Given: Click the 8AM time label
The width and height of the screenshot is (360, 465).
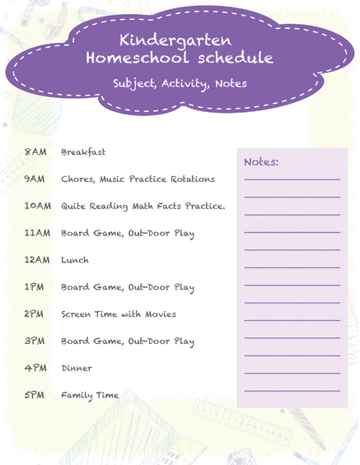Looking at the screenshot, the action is [35, 152].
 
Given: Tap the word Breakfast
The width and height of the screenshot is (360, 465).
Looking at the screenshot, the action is [83, 152].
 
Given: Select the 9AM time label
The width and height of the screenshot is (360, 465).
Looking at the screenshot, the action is [35, 179].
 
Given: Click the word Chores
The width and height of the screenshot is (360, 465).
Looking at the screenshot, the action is [77, 179].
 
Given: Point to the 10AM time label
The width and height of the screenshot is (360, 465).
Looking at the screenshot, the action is [38, 206].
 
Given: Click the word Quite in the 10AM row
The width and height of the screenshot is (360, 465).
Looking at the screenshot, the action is [75, 206].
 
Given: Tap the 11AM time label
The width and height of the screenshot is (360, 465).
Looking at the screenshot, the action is [38, 233].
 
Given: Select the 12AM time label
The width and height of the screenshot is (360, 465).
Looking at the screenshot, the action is [38, 260].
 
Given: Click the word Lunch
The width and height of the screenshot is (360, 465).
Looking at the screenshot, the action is [75, 260].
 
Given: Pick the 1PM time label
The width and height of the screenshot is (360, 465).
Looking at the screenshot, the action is [35, 287].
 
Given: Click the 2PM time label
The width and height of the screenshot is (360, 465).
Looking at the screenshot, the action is [35, 314].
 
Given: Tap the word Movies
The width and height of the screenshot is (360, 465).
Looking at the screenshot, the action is [160, 314].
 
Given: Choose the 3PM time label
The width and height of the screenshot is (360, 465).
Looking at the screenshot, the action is [35, 342].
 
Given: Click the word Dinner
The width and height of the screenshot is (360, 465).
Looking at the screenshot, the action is [77, 369].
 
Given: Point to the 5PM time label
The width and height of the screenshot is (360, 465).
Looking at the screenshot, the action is [35, 396].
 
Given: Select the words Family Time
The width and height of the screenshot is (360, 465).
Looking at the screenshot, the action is [90, 396].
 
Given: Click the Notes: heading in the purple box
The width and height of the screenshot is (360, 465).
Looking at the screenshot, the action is [261, 162].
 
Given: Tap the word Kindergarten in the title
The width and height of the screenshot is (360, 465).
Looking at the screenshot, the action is [175, 40].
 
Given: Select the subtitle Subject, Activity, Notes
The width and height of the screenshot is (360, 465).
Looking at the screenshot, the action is [180, 83].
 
